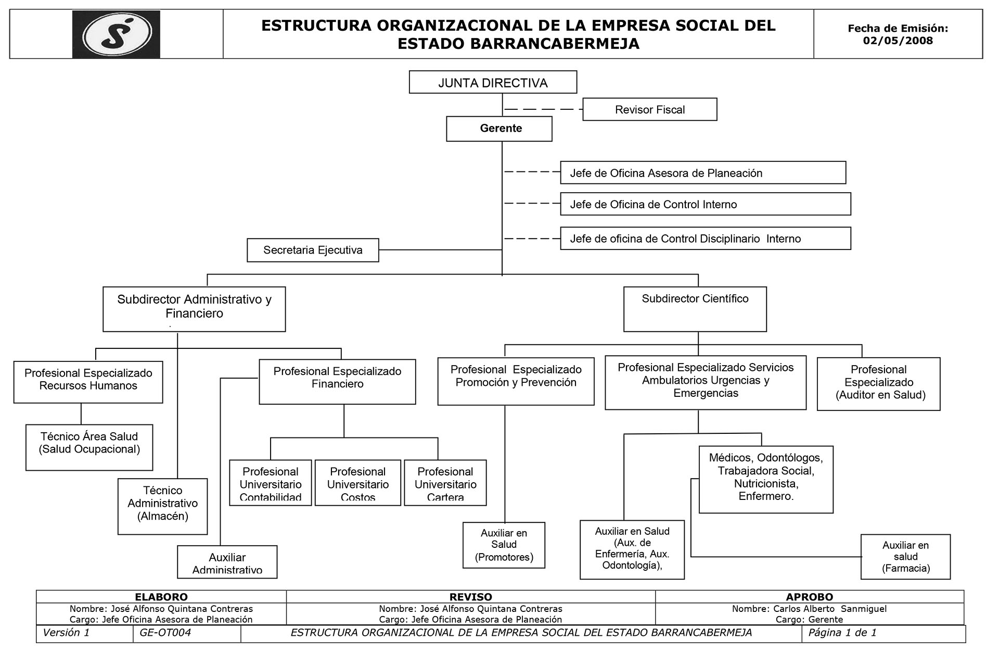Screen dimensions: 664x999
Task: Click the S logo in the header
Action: pyautogui.click(x=116, y=34)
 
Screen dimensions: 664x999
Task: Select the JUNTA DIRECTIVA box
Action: pyautogui.click(x=493, y=82)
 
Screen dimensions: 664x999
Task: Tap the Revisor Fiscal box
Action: pyautogui.click(x=649, y=109)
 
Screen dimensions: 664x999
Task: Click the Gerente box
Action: pyautogui.click(x=499, y=129)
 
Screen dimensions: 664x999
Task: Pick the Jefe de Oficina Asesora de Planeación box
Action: pyautogui.click(x=702, y=173)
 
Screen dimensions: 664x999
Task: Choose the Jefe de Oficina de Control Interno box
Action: pyautogui.click(x=705, y=204)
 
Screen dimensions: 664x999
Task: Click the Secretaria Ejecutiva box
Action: pyautogui.click(x=313, y=250)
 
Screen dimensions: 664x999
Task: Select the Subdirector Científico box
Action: pyautogui.click(x=695, y=309)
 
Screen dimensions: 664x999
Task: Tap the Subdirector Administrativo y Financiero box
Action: pyautogui.click(x=194, y=309)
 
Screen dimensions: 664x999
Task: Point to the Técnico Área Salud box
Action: pyautogui.click(x=89, y=447)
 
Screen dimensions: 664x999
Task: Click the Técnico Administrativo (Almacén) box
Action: pyautogui.click(x=162, y=506)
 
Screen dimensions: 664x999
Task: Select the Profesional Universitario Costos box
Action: pyautogui.click(x=357, y=483)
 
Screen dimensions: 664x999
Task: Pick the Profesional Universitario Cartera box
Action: pyautogui.click(x=445, y=483)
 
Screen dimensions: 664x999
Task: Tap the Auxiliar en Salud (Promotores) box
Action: pyautogui.click(x=504, y=545)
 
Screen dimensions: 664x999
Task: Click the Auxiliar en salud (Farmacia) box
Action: pyautogui.click(x=905, y=557)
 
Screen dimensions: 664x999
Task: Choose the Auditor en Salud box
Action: pyautogui.click(x=878, y=384)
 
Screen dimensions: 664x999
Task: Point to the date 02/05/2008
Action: pyautogui.click(x=898, y=41)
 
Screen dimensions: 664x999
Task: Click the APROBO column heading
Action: pyautogui.click(x=809, y=597)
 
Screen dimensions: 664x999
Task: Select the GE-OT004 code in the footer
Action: pyautogui.click(x=165, y=633)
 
